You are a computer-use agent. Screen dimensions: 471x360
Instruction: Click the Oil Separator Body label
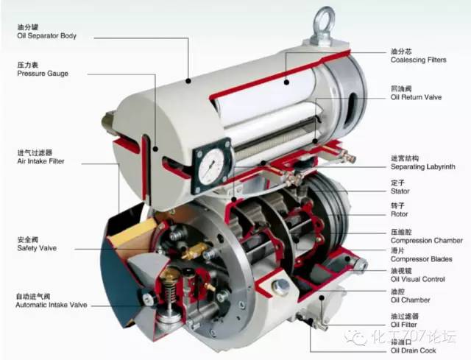pyautogui.click(x=46, y=36)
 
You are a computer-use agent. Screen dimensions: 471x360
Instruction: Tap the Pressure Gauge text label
pyautogui.click(x=43, y=74)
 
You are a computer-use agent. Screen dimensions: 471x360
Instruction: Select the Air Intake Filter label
pyautogui.click(x=40, y=161)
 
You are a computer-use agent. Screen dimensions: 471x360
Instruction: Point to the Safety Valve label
pyautogui.click(x=37, y=248)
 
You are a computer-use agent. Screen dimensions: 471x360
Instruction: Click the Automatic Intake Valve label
pyautogui.click(x=51, y=305)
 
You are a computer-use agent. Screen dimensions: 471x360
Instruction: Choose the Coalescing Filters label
pyautogui.click(x=419, y=60)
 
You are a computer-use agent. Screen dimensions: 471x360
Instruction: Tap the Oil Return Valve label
pyautogui.click(x=416, y=97)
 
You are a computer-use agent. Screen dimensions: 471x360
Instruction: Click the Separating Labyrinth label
pyautogui.click(x=422, y=167)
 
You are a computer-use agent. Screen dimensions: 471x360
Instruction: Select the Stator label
pyautogui.click(x=400, y=191)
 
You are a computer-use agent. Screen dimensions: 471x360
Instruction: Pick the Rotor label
pyautogui.click(x=399, y=214)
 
